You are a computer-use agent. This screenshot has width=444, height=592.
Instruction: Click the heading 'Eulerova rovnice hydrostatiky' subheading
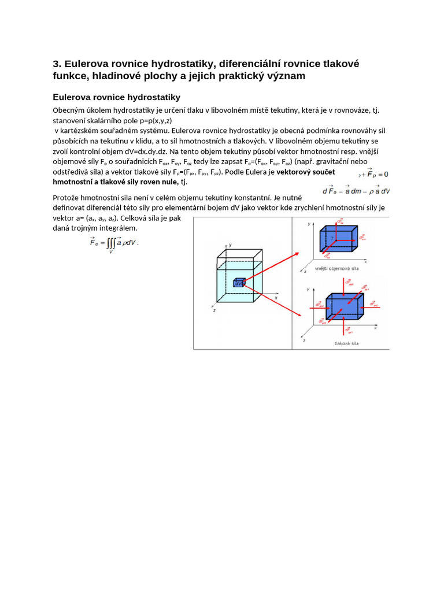[x=117, y=97]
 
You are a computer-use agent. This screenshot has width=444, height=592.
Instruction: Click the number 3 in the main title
[x=56, y=64]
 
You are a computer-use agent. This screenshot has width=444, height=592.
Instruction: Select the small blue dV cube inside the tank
[x=238, y=282]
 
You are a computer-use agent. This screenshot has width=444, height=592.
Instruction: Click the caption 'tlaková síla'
[x=346, y=343]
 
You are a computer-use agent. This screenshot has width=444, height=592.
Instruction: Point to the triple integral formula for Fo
[x=114, y=243]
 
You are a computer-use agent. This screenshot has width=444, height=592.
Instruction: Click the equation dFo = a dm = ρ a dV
[x=356, y=190]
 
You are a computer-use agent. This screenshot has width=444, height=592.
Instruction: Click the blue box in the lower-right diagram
[x=344, y=306]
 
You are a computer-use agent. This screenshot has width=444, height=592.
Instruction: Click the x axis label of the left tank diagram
[x=276, y=297]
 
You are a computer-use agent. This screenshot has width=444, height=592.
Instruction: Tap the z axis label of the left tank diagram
[x=214, y=310]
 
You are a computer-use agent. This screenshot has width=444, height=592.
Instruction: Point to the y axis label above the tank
[x=230, y=245]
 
